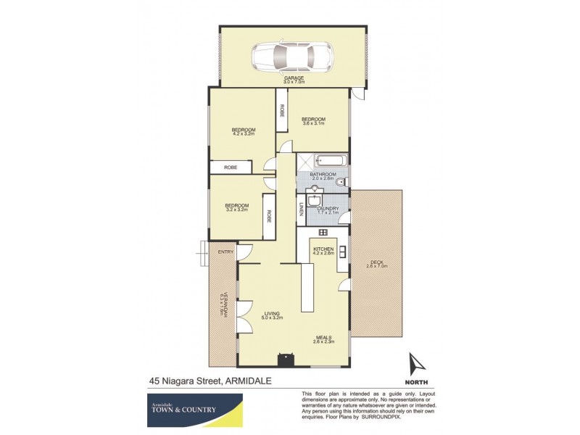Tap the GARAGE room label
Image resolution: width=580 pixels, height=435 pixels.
(x=294, y=78)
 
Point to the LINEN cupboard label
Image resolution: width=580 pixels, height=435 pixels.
(x=302, y=210)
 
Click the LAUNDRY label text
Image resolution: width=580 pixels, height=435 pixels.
(x=329, y=208)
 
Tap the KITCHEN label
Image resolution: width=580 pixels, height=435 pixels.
(x=323, y=249)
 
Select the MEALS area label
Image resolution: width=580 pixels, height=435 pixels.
(x=323, y=337)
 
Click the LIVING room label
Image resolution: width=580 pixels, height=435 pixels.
(x=273, y=312)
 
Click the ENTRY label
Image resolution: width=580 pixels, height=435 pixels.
(x=225, y=252)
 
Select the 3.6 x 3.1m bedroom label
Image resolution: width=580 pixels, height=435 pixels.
(x=313, y=121)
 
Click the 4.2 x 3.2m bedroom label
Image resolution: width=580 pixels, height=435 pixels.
(x=244, y=132)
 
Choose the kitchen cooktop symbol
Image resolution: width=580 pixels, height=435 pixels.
(x=323, y=232)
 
